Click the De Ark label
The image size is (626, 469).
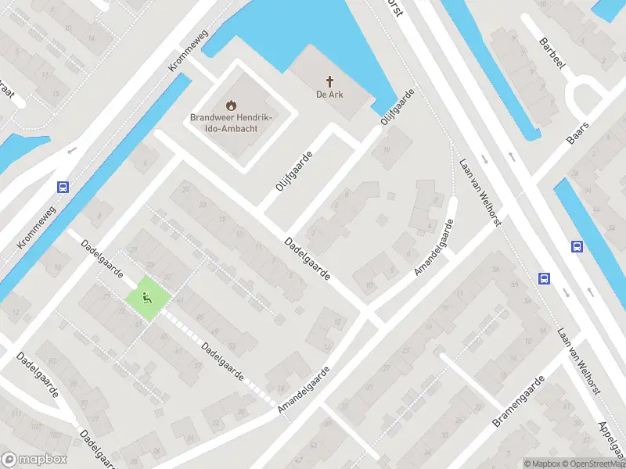click(x=330, y=95)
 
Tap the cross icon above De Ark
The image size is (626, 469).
click(x=330, y=81)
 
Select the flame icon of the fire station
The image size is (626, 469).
click(x=230, y=104)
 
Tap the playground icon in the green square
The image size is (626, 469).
click(x=146, y=297)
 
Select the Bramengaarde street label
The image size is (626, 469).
click(x=518, y=400)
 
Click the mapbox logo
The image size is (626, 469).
click(x=34, y=460)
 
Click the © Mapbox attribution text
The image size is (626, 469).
click(x=543, y=464)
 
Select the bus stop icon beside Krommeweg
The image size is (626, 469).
click(x=63, y=187)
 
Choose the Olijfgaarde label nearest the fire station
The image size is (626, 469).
click(x=293, y=170)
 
